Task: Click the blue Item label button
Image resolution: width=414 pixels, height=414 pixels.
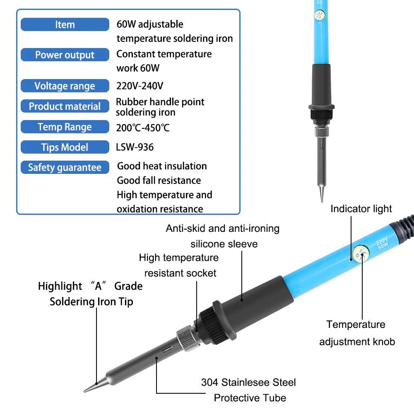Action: tap(65, 24)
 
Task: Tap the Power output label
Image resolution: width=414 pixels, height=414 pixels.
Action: tap(65, 55)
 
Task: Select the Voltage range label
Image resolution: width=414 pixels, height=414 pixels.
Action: tap(65, 86)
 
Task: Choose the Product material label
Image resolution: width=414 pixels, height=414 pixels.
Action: tap(65, 106)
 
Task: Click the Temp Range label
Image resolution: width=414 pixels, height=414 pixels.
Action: tap(65, 127)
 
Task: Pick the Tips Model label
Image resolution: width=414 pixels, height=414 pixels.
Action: tap(65, 147)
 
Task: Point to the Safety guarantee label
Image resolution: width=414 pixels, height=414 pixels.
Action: tap(65, 167)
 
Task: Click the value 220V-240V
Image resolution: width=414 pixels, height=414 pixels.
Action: tap(140, 86)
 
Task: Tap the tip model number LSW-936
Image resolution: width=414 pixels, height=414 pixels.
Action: tap(135, 147)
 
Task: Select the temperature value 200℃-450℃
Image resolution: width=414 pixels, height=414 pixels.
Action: tap(143, 128)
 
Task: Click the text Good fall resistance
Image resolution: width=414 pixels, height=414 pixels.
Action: tap(159, 181)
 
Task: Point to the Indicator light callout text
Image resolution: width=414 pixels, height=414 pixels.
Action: tap(361, 209)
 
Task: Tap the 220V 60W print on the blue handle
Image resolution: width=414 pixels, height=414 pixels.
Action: tap(382, 243)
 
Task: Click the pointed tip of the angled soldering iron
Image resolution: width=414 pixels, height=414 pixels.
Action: tap(84, 391)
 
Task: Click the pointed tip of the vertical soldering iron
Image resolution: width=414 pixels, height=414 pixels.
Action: tap(322, 202)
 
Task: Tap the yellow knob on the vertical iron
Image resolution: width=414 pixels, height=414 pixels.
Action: tap(320, 15)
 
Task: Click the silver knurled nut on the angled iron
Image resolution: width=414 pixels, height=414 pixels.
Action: tap(186, 338)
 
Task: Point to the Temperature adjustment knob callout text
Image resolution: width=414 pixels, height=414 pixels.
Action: tap(357, 333)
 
